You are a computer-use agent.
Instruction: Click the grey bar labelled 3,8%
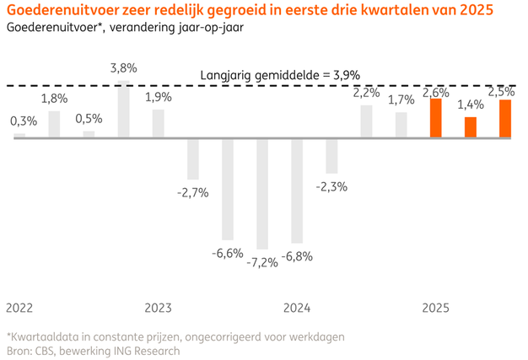124,110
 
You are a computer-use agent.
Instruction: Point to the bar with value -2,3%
331,156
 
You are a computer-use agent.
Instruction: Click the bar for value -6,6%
228,189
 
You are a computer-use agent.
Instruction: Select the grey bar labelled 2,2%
367,121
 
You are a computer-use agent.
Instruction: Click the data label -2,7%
193,193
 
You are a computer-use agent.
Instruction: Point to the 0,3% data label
20,121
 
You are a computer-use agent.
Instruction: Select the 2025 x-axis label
436,308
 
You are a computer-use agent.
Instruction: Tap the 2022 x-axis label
20,308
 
